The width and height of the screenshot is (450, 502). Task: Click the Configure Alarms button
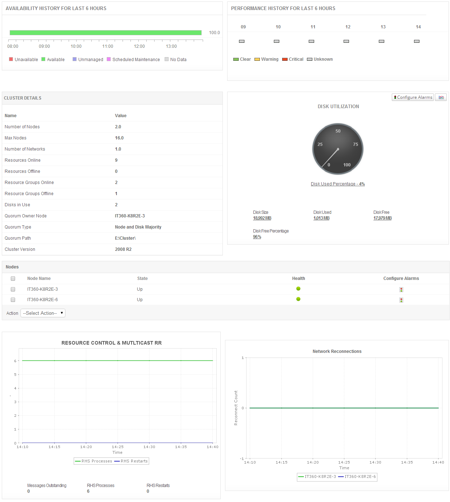coord(413,97)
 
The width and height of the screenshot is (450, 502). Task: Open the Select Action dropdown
coord(43,313)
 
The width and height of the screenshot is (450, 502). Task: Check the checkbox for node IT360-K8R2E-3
coord(13,289)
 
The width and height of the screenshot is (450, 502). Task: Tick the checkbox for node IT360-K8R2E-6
coord(13,300)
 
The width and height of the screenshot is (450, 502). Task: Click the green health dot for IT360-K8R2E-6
coord(298,299)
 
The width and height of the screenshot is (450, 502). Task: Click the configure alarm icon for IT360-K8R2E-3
coord(401,290)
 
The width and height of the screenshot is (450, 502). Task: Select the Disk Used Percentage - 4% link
coord(337,184)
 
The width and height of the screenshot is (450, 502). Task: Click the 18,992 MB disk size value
coord(262,218)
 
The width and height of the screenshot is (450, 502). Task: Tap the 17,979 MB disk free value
coord(382,218)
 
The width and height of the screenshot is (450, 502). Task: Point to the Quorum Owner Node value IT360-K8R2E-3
coord(130,216)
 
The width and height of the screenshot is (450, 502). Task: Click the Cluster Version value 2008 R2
coord(123,249)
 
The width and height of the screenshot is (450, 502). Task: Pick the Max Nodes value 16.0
coord(119,138)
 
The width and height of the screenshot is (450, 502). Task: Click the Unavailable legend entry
coord(24,60)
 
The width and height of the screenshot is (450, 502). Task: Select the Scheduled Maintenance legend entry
coord(133,60)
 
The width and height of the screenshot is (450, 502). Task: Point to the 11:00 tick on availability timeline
coord(108,46)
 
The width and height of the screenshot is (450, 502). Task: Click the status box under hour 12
coord(346,41)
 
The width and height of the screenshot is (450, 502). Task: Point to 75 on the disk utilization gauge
coord(355,144)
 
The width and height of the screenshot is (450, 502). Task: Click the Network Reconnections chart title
coord(337,351)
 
